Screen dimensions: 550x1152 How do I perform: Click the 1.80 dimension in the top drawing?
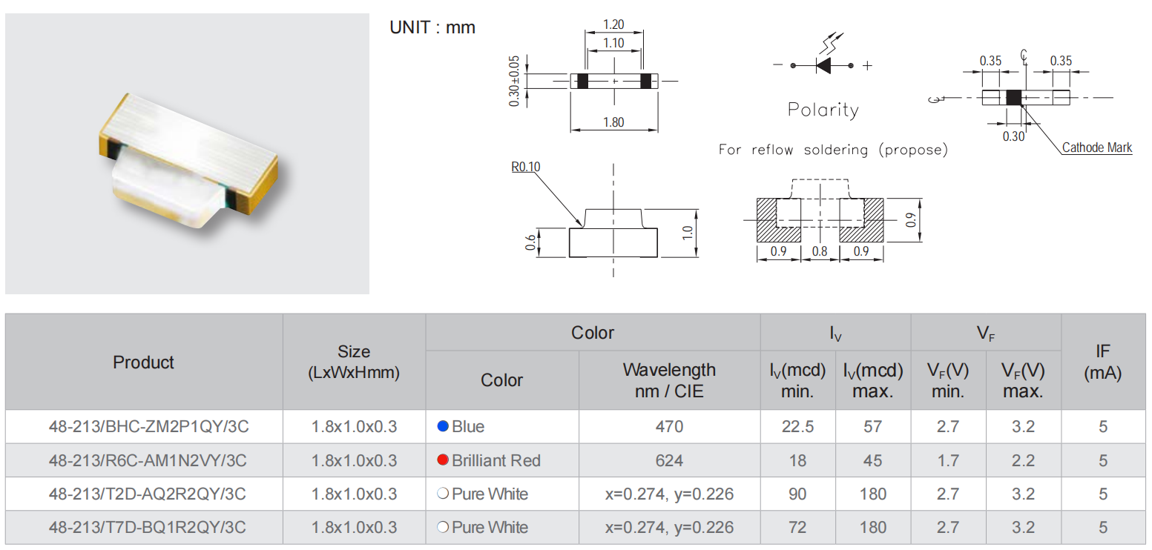[613, 122]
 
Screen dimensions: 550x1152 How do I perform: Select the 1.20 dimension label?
[613, 24]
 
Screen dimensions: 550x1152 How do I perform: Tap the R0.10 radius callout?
[526, 167]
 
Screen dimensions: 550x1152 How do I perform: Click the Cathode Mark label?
[1097, 148]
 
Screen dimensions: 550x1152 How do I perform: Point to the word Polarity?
[823, 110]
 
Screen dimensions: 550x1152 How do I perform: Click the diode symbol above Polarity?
[823, 65]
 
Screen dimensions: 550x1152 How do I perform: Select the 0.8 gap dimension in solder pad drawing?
[820, 251]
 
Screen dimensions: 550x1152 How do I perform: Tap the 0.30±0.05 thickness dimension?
[513, 80]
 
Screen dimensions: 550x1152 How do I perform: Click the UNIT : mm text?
[432, 28]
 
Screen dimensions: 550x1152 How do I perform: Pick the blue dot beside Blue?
[443, 426]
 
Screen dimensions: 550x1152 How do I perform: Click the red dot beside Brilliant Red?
[443, 460]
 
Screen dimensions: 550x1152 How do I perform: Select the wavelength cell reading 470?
[669, 427]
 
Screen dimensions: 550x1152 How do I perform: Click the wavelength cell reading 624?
[669, 460]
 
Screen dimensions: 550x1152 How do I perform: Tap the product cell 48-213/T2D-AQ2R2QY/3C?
[148, 494]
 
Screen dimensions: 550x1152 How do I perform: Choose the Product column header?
[144, 362]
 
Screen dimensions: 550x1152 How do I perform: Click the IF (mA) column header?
[1102, 362]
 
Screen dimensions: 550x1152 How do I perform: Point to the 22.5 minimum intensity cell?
[797, 427]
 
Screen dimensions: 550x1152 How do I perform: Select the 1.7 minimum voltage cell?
[948, 460]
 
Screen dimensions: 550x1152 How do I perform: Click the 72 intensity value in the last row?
[797, 528]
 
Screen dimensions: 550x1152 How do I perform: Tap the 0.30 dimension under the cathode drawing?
[1013, 136]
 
